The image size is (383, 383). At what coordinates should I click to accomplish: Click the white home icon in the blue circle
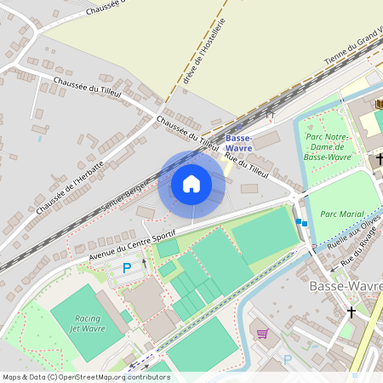[191, 184]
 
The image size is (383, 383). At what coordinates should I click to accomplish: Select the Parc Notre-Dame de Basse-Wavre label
[328, 146]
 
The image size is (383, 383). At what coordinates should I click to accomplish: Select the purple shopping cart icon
[262, 333]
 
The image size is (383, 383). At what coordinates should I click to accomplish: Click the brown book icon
[379, 103]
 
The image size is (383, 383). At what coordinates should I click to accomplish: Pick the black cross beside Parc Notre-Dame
[380, 158]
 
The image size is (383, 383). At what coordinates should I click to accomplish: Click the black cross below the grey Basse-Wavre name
[352, 312]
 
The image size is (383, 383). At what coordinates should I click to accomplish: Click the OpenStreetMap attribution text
[85, 377]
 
